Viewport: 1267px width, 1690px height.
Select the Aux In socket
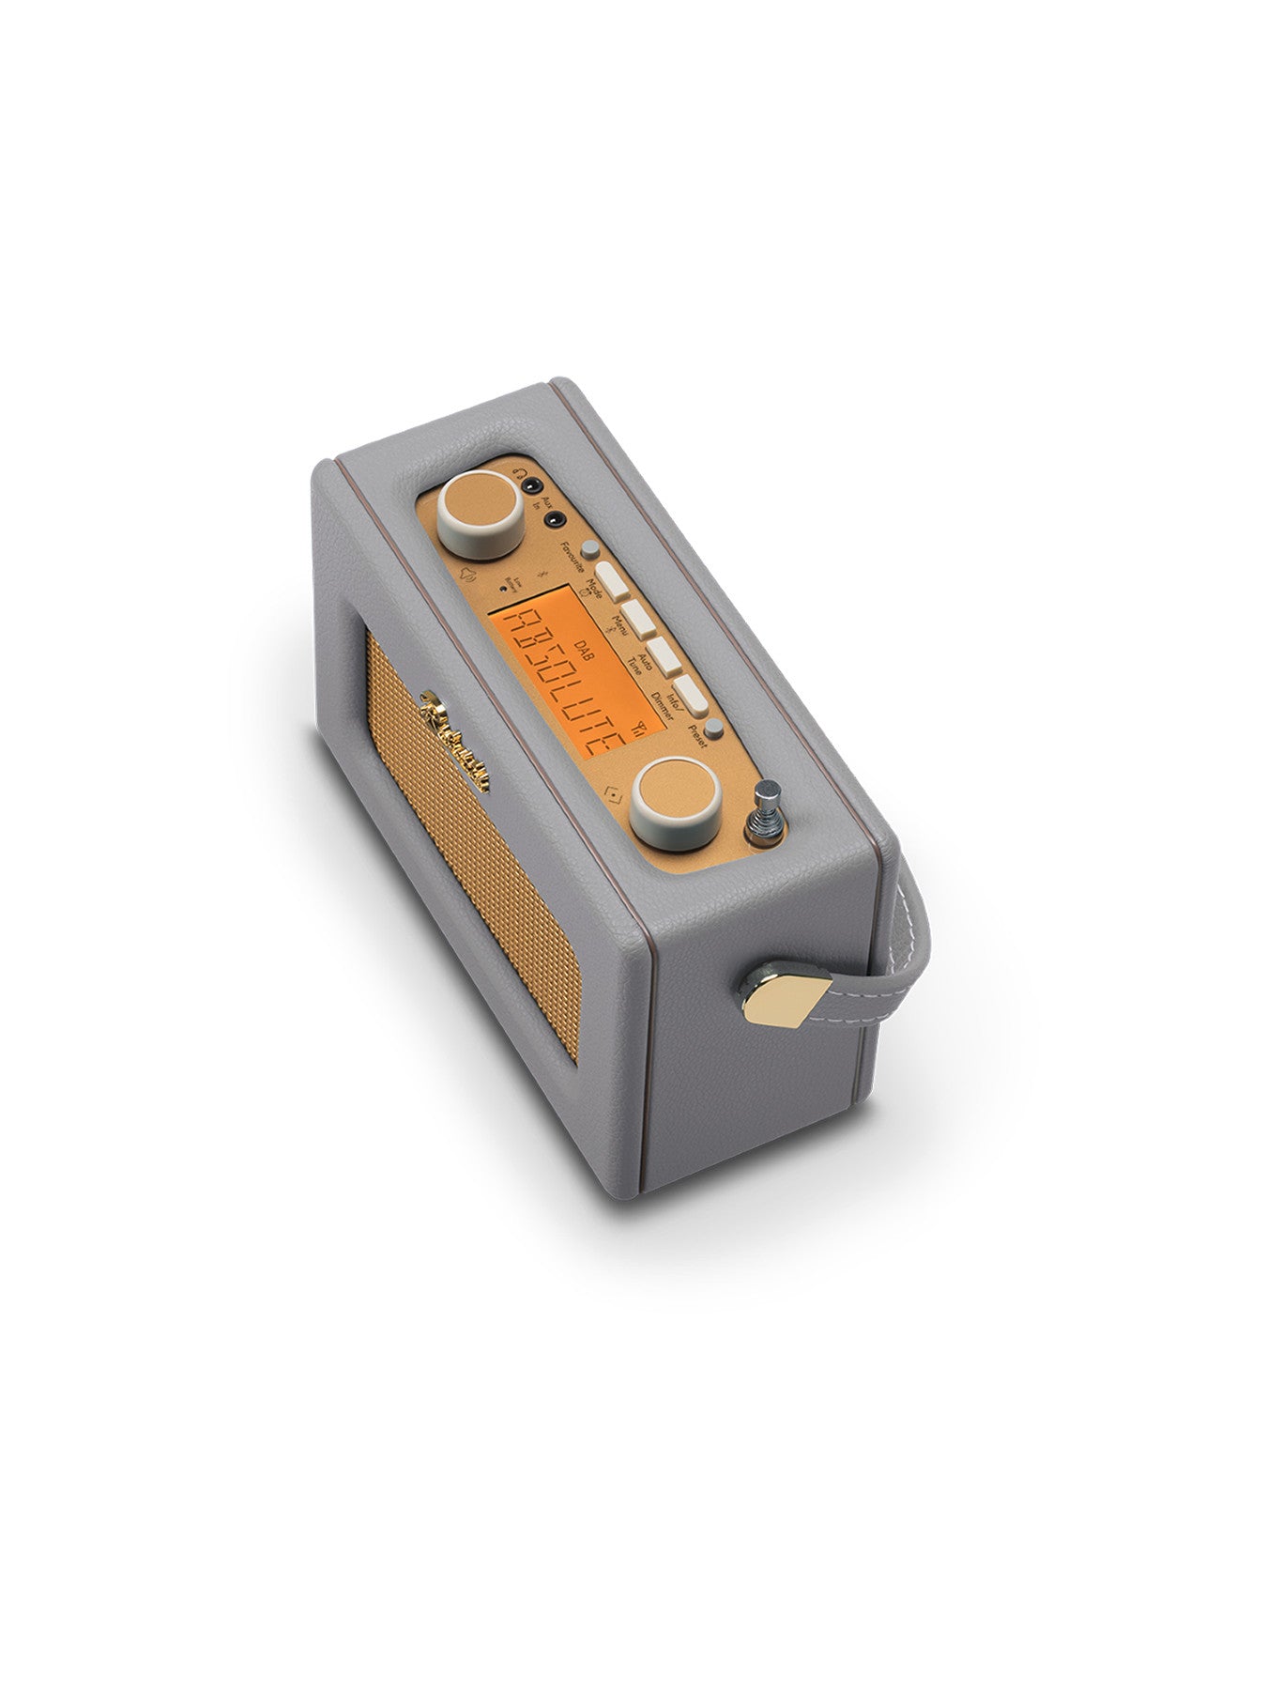[x=557, y=516]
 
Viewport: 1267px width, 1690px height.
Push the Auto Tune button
[x=665, y=656]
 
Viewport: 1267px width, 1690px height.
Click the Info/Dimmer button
[x=693, y=695]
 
